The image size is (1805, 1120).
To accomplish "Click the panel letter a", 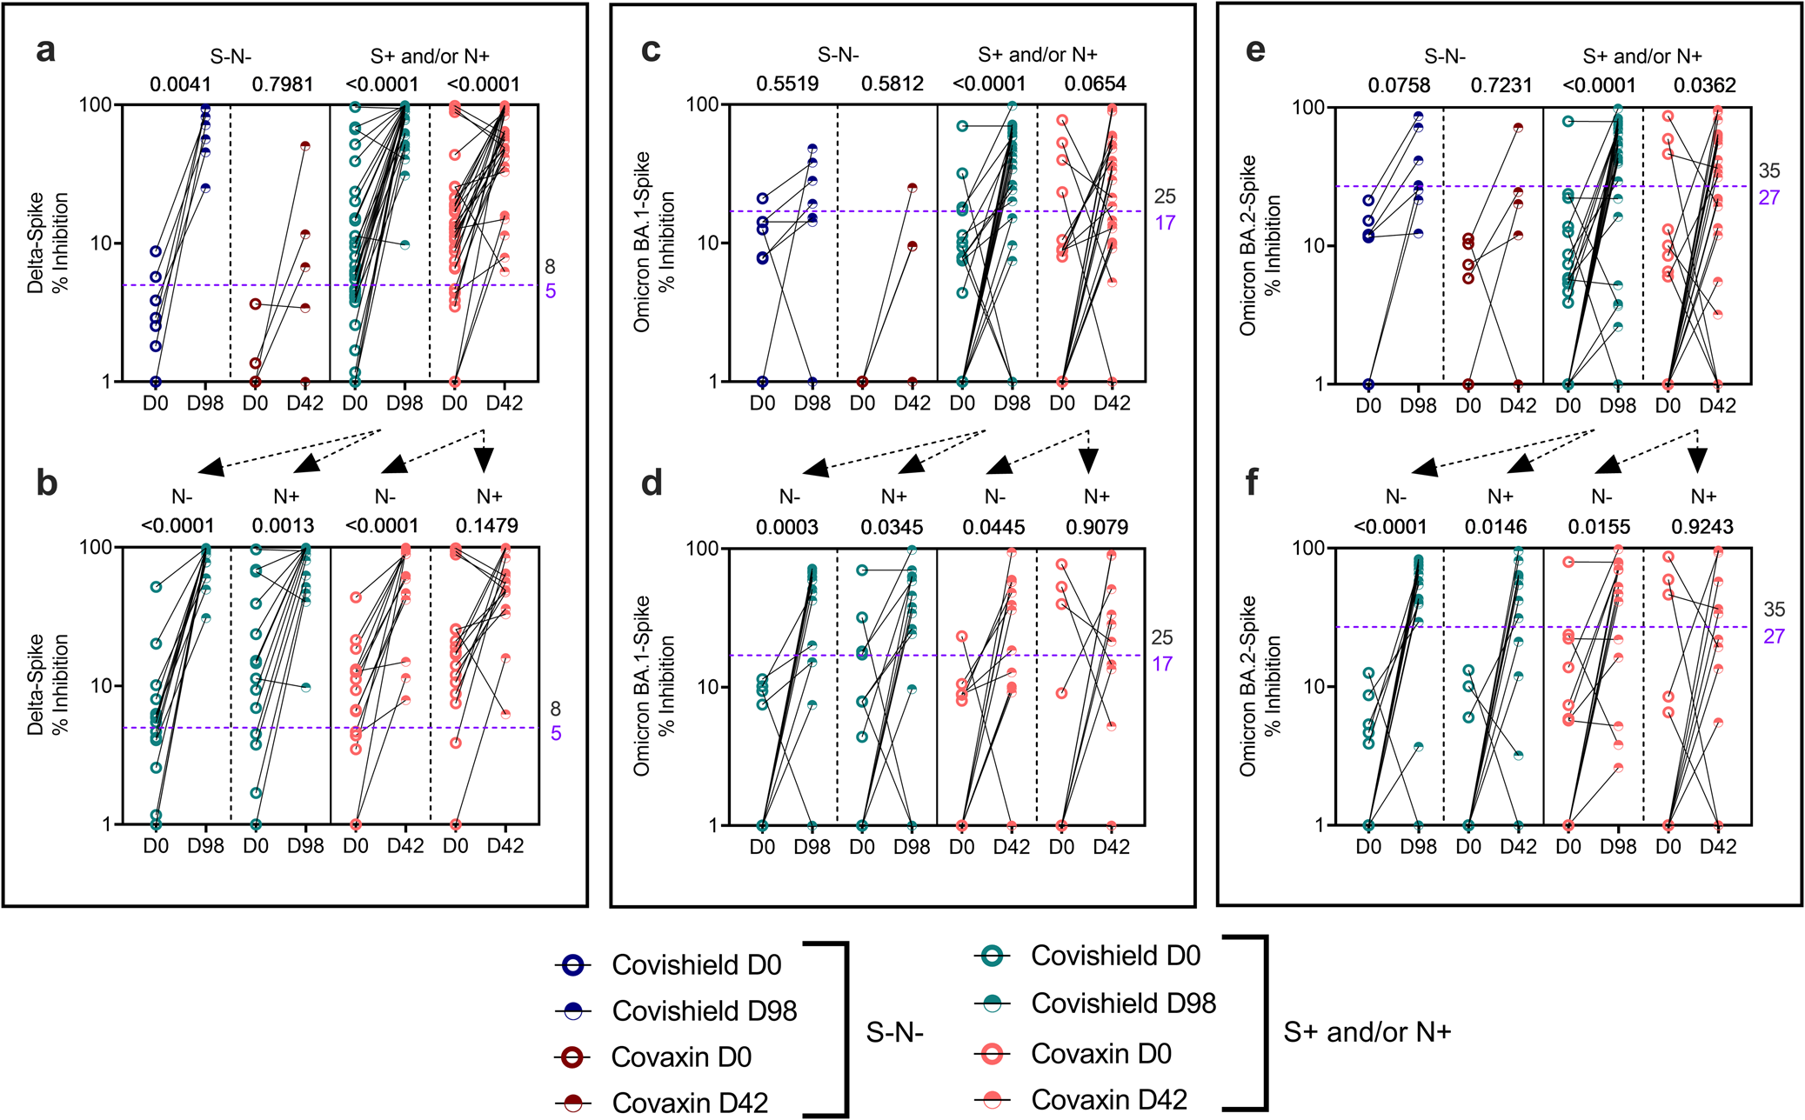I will pos(45,50).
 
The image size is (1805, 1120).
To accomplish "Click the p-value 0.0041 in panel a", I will pos(180,84).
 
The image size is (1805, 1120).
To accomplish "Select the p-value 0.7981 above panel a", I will pos(282,84).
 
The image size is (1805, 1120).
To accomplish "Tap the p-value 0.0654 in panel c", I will pos(1095,84).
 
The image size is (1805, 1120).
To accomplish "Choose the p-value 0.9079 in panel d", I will pos(1096,527).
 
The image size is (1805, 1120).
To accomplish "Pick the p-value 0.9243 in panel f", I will pos(1701,527).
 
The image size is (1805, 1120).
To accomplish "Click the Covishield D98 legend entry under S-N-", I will pos(704,1011).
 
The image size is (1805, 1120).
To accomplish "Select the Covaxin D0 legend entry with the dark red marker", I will pos(680,1057).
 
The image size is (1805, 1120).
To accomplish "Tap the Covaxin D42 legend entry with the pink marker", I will pos(1108,1100).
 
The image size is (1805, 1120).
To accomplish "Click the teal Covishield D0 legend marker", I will pos(992,957).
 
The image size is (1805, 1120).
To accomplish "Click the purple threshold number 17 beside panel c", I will pos(1164,223).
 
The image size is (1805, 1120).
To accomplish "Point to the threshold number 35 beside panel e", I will pos(1768,171).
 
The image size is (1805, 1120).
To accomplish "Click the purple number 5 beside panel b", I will pos(555,734).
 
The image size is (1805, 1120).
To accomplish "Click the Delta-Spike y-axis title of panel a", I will pos(47,243).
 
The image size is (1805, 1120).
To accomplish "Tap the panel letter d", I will pos(652,483).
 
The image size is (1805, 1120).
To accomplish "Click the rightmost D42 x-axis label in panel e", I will pos(1717,406).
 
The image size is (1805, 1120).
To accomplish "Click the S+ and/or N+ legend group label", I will pos(1367,1032).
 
